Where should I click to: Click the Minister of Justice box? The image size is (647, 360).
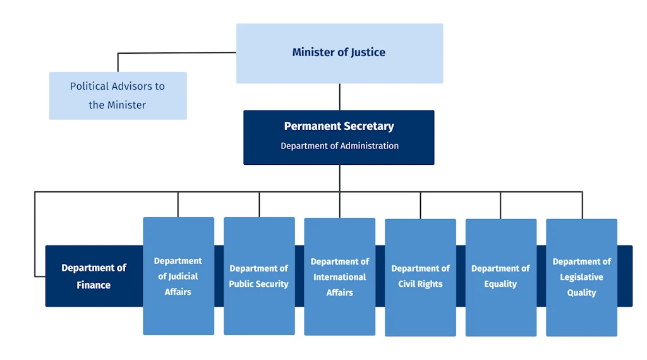(x=339, y=53)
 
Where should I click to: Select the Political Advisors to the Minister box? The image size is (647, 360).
(x=118, y=95)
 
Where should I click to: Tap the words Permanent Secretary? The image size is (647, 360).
(x=339, y=126)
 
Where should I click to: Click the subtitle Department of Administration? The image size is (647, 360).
(x=339, y=145)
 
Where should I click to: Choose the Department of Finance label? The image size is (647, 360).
(x=94, y=276)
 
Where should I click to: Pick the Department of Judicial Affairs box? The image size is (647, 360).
(x=179, y=276)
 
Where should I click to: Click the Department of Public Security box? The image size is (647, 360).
(x=259, y=276)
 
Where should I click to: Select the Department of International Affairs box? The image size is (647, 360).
(x=339, y=276)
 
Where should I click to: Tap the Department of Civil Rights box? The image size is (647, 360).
(x=420, y=277)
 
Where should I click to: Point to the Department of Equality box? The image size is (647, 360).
(x=501, y=277)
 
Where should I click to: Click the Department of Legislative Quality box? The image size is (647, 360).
(x=581, y=277)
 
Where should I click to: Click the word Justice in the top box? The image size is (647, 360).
(x=368, y=52)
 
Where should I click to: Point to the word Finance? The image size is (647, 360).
(x=94, y=285)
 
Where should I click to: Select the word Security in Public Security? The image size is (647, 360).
(x=271, y=284)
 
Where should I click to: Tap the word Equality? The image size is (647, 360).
(x=500, y=284)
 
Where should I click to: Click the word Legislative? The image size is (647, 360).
(x=581, y=277)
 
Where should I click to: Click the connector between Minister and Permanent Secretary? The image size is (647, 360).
(x=339, y=97)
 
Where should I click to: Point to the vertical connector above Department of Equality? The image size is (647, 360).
(x=500, y=205)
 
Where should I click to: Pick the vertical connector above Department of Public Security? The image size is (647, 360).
(x=259, y=205)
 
